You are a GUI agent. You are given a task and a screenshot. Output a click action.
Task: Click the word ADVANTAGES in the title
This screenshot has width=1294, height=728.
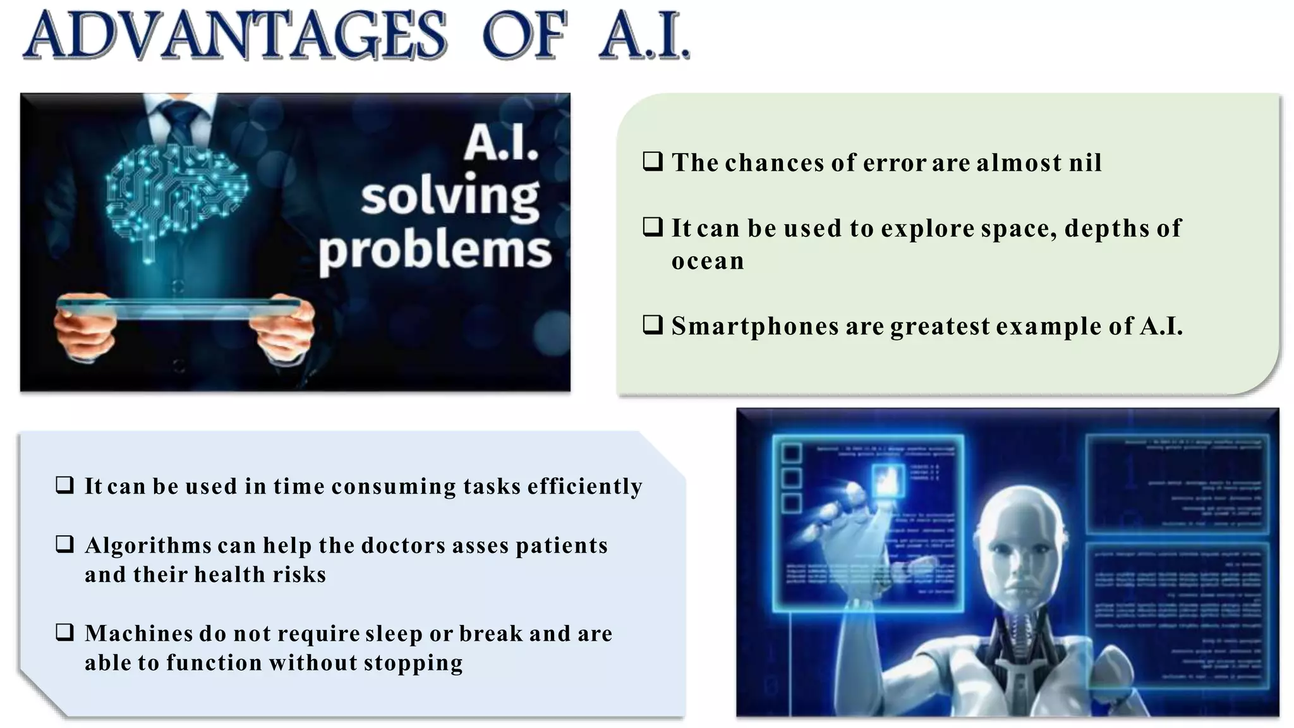point(235,36)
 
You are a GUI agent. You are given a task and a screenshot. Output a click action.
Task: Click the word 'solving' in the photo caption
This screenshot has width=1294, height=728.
point(450,198)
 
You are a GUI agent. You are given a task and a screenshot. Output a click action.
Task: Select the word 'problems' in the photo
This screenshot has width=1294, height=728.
point(435,251)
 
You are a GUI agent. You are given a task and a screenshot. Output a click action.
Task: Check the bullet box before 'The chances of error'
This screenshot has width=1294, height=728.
point(652,162)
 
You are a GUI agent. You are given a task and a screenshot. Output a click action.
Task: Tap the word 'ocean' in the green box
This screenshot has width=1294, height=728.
point(708,262)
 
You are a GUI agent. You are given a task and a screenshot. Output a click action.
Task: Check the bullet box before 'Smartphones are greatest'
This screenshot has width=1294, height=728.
point(652,325)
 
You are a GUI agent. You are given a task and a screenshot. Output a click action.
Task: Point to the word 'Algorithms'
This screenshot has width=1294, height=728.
point(148,545)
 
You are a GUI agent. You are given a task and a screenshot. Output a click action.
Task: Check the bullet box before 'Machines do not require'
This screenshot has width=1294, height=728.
point(64,633)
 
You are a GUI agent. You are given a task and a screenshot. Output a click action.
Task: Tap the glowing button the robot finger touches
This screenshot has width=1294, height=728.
point(888,481)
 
